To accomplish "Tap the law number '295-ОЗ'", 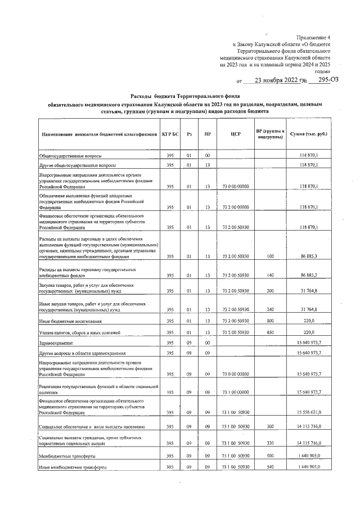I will click(327, 80).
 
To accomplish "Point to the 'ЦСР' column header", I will click(236, 134).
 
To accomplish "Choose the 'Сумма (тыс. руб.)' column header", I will click(308, 134).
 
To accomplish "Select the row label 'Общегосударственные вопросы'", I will click(70, 155).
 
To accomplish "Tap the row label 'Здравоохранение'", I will click(56, 343).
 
